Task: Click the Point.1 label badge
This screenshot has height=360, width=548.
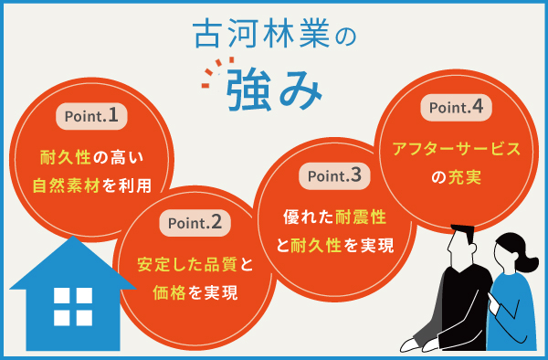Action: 90,116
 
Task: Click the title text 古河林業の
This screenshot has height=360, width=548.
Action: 274,35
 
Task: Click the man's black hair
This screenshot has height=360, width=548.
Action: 462,233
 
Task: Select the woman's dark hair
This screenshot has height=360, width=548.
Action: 507,251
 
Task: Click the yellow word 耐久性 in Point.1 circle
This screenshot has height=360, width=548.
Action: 62,156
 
